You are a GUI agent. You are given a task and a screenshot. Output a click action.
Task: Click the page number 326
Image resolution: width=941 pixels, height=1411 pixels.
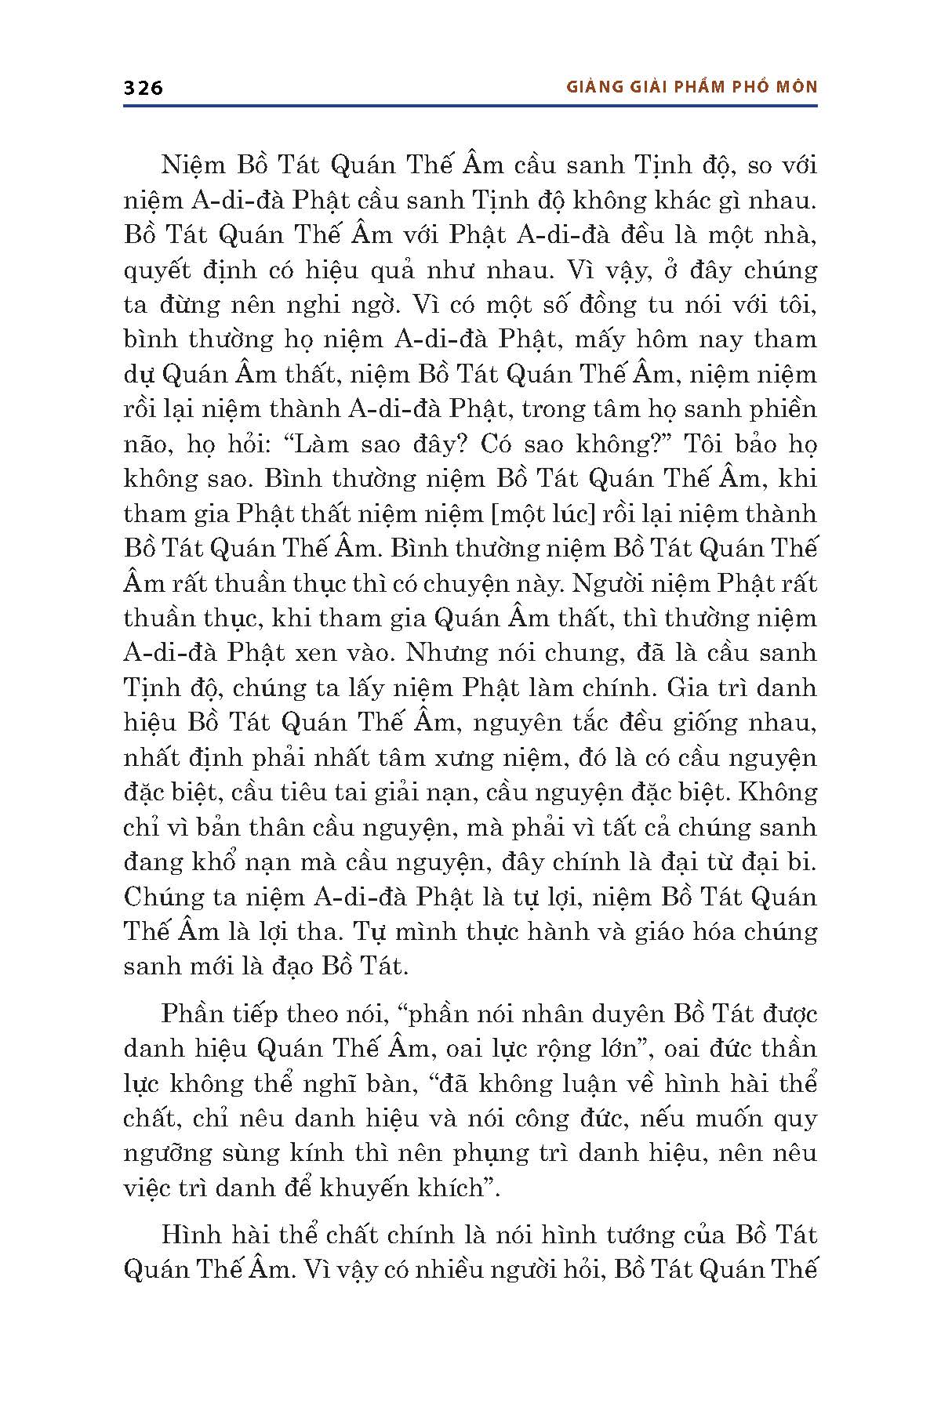point(143,88)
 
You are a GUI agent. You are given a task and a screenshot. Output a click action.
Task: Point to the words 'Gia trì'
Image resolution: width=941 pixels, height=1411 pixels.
point(695,688)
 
